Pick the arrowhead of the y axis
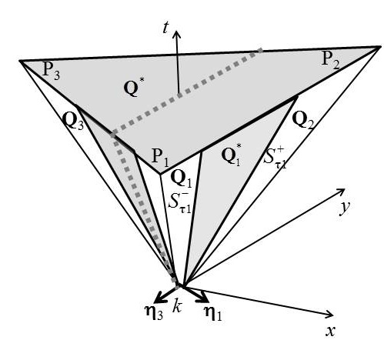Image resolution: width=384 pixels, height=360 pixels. (339, 190)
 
